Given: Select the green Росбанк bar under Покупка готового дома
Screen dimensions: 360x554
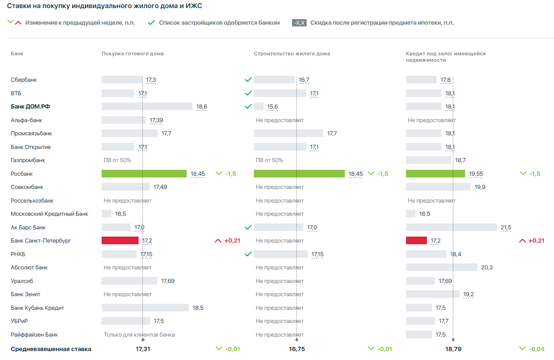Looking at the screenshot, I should pyautogui.click(x=144, y=174).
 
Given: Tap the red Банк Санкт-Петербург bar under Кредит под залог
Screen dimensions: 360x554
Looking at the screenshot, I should pyautogui.click(x=416, y=240).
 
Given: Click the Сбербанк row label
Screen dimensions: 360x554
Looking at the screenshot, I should pyautogui.click(x=24, y=80).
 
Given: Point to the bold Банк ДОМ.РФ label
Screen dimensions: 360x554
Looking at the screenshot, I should pyautogui.click(x=33, y=106).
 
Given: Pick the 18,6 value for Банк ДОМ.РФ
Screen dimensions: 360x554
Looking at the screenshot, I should pyautogui.click(x=202, y=106).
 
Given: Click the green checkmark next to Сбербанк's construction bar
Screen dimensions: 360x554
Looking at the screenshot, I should pyautogui.click(x=248, y=80).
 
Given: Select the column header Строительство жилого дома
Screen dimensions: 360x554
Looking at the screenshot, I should pyautogui.click(x=292, y=54).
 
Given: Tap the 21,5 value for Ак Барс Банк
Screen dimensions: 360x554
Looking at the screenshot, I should pyautogui.click(x=506, y=227).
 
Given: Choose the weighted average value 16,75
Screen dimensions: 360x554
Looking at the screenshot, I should pyautogui.click(x=297, y=349).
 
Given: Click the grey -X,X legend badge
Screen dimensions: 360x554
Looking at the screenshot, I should pyautogui.click(x=299, y=23).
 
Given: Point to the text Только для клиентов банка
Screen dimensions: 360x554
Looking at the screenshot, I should pyautogui.click(x=139, y=334).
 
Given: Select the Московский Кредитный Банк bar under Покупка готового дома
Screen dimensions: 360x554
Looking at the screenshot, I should pyautogui.click(x=106, y=214).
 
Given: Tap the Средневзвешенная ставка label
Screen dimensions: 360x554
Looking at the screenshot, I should pyautogui.click(x=51, y=349).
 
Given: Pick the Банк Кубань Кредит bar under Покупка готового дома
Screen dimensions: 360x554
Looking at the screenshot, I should pyautogui.click(x=145, y=308).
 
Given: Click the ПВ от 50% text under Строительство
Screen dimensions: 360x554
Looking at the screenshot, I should pyautogui.click(x=269, y=160).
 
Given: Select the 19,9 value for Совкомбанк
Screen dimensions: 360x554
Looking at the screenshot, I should pyautogui.click(x=480, y=187).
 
